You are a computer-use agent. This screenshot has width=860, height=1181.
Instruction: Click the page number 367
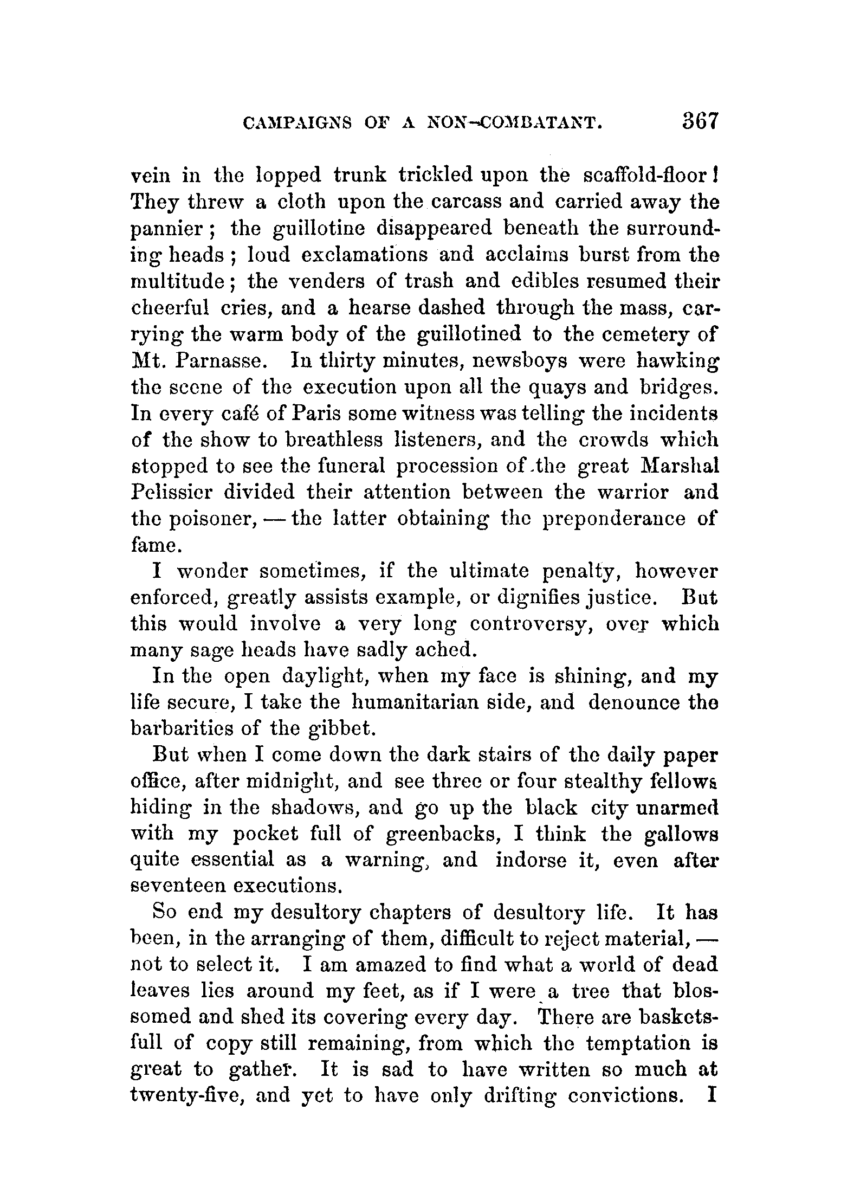point(700,136)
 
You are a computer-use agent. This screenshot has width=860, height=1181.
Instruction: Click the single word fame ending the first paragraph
point(154,545)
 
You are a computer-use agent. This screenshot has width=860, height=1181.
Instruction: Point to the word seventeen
point(178,887)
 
